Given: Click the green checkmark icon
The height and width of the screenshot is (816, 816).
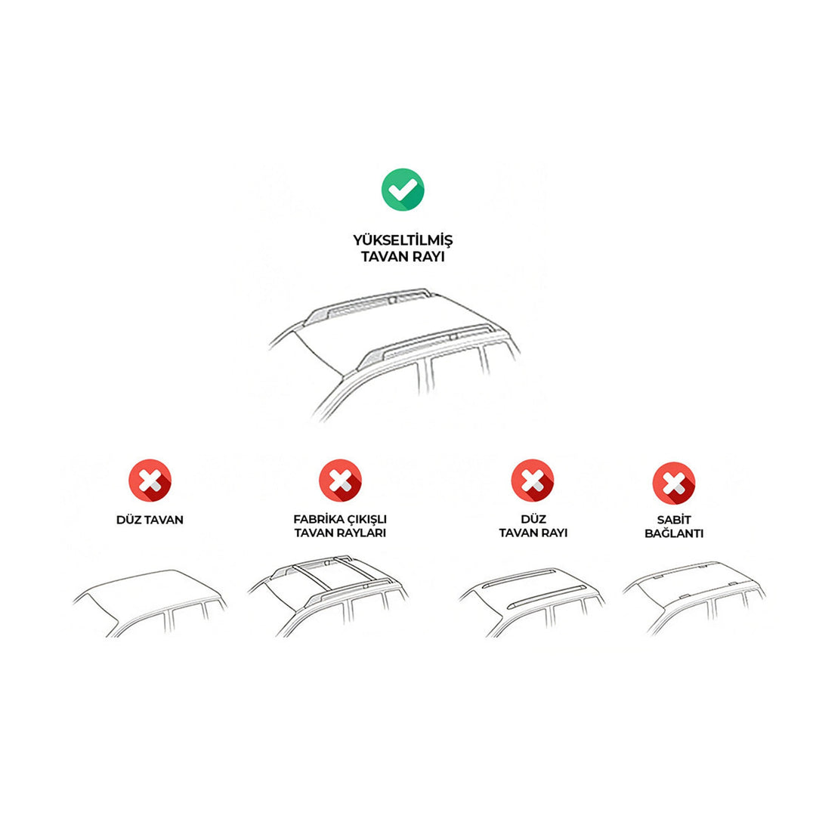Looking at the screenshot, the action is tap(403, 190).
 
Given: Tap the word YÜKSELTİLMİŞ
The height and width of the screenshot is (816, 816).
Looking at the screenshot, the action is tap(403, 240).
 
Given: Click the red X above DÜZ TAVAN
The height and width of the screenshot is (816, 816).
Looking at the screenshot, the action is tap(150, 480).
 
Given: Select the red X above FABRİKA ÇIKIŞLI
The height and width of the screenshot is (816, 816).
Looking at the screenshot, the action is tap(340, 480).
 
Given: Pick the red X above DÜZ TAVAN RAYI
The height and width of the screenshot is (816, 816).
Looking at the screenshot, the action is tap(533, 480).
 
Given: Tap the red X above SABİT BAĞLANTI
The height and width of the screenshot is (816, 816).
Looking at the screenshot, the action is tap(674, 483).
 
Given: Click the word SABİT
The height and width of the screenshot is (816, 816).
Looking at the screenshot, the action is tap(674, 520).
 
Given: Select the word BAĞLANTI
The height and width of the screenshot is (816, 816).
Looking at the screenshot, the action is tap(674, 533).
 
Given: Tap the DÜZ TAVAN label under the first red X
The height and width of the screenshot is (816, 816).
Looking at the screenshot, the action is tap(150, 520).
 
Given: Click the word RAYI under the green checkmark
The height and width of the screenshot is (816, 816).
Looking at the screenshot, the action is tap(429, 257).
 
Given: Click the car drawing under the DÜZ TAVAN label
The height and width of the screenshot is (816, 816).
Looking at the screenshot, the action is tap(150, 604).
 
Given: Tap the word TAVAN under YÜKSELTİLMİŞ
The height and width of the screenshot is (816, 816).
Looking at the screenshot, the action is tap(385, 257).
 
